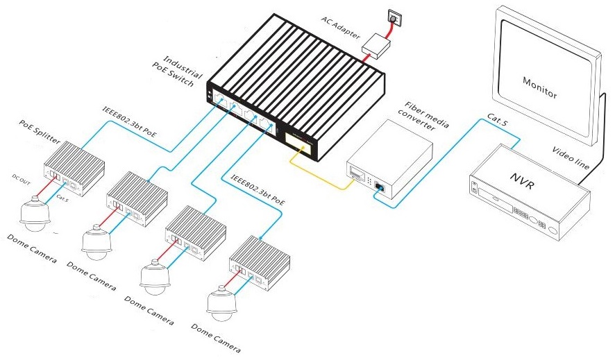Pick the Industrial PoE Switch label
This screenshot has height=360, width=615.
point(182,71)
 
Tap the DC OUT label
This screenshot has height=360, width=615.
point(24,179)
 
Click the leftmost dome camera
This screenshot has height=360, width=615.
point(33,215)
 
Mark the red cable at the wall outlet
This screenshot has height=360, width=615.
point(391,28)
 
